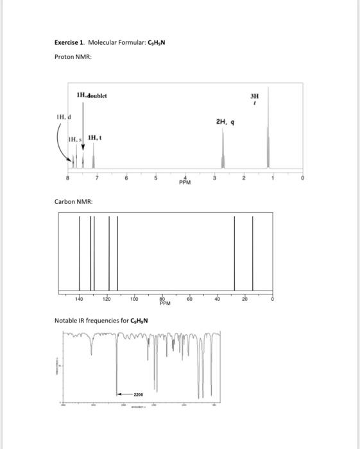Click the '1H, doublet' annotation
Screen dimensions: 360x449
coord(92,96)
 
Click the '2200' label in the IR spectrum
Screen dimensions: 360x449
coord(138,394)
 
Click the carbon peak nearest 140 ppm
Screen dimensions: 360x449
coord(80,253)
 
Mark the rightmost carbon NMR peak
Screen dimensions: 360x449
coord(252,253)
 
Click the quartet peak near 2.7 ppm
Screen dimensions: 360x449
coord(223,151)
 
